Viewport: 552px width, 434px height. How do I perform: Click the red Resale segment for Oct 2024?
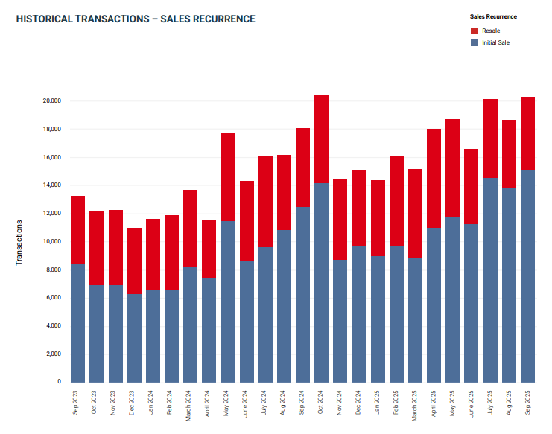click(x=321, y=138)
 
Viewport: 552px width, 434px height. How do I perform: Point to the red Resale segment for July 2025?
click(x=490, y=138)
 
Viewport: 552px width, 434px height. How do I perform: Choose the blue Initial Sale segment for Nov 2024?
click(x=340, y=321)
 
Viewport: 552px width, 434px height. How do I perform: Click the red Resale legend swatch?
click(x=474, y=31)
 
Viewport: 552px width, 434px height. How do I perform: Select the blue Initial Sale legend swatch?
click(x=474, y=42)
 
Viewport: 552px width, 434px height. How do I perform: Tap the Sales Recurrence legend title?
click(x=493, y=16)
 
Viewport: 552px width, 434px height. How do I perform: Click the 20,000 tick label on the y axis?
click(x=51, y=100)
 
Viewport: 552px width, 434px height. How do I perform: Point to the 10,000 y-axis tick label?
click(x=51, y=241)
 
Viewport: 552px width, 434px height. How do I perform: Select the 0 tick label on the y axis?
click(x=59, y=382)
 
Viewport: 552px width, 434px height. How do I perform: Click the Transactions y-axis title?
click(x=19, y=242)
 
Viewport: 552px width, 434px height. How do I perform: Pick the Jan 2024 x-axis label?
click(x=153, y=403)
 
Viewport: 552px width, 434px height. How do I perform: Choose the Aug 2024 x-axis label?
click(x=284, y=403)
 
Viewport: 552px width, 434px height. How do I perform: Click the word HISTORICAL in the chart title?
click(x=44, y=19)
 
